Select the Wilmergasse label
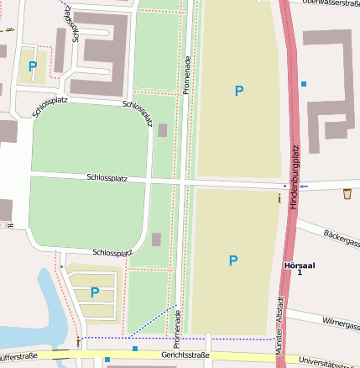[336, 323]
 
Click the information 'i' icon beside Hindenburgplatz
[279, 198]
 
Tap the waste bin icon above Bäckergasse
[347, 194]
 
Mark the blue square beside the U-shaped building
[304, 84]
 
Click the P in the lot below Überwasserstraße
[239, 91]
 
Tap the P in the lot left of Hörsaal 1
[233, 260]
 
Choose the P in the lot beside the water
[95, 292]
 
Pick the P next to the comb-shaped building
[33, 66]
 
